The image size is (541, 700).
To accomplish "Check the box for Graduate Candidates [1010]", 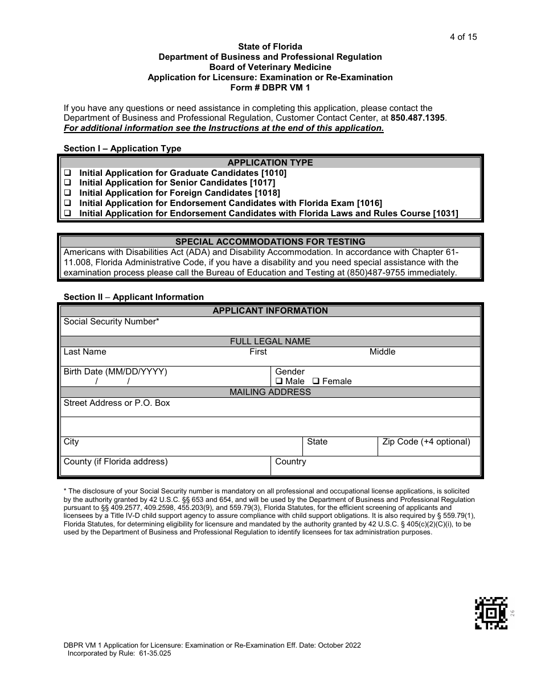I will [67, 172].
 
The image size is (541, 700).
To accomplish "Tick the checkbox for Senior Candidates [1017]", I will [67, 183].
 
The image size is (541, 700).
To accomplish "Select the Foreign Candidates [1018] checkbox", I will [67, 193].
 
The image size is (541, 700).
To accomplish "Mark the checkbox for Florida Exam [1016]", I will [67, 203].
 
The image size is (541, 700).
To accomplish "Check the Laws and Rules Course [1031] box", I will [67, 213].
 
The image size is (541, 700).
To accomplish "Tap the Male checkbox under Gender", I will [279, 381].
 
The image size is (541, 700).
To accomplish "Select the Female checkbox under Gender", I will [316, 381].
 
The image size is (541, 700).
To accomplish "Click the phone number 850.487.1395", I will [419, 118].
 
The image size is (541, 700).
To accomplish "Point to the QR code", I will [491, 613].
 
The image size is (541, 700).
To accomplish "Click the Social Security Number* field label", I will [111, 322].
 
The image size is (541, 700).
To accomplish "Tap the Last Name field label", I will [85, 352].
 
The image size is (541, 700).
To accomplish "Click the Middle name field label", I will [382, 352].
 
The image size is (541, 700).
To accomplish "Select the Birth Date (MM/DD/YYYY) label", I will [116, 372].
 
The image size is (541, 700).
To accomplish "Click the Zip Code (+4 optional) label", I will [426, 442].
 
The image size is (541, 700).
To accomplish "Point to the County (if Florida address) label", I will [116, 462].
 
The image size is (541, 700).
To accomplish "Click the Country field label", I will [290, 462].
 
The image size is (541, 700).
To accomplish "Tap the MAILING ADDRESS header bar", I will [270, 392].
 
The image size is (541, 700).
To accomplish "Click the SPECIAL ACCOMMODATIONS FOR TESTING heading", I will [270, 241].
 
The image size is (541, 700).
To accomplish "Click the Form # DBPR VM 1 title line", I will [270, 88].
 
